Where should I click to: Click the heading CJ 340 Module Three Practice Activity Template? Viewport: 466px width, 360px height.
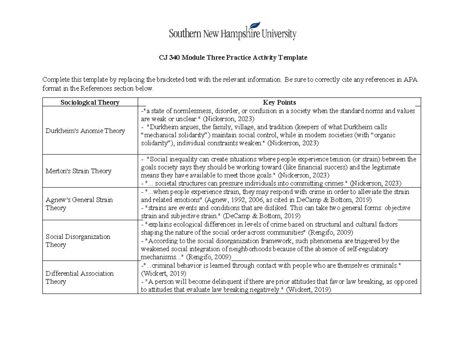pyautogui.click(x=233, y=57)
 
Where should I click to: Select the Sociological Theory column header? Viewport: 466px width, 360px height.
pyautogui.click(x=90, y=103)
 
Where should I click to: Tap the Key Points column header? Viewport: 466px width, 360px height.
pyautogui.click(x=279, y=103)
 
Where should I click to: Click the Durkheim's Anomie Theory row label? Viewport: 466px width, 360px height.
pyautogui.click(x=85, y=131)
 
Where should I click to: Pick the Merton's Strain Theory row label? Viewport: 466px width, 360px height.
pyautogui.click(x=78, y=171)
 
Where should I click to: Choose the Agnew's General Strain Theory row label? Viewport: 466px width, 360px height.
pyautogui.click(x=79, y=204)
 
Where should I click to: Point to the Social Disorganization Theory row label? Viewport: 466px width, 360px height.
pyautogui.click(x=78, y=241)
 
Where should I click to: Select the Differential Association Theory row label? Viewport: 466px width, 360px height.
pyautogui.click(x=80, y=278)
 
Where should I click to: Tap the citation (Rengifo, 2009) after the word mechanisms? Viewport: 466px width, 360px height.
pyautogui.click(x=209, y=257)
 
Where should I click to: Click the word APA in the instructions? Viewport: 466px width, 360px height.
pyautogui.click(x=410, y=80)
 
